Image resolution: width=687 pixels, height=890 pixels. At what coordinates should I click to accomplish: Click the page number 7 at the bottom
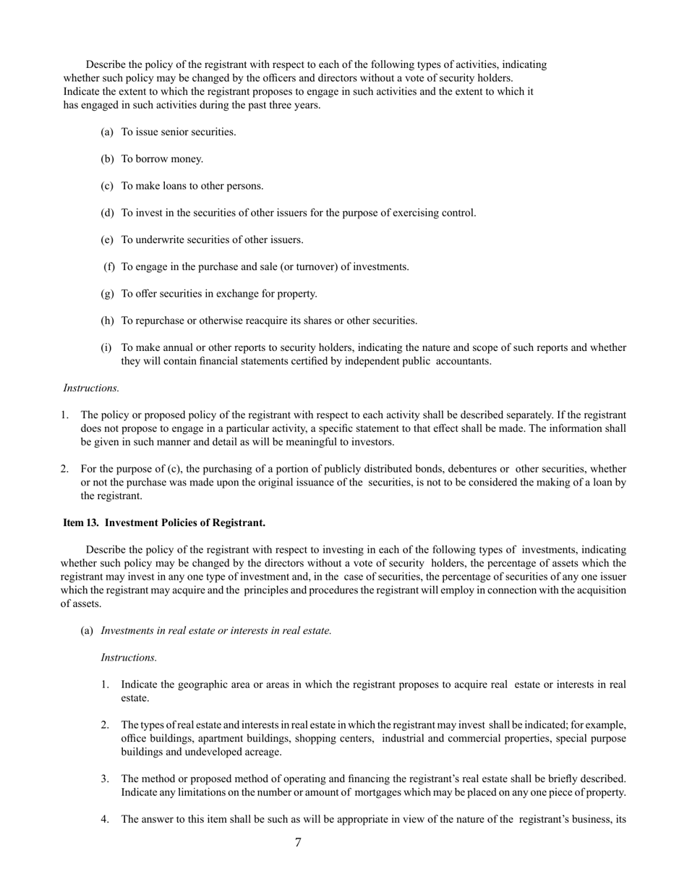click(298, 842)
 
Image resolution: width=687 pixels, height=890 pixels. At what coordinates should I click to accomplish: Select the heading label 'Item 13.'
click(81, 522)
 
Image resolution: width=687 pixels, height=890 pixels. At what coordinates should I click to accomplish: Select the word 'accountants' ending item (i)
click(463, 361)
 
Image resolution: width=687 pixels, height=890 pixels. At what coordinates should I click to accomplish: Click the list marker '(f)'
click(109, 266)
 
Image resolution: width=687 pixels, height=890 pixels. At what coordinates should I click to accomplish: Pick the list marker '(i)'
click(106, 347)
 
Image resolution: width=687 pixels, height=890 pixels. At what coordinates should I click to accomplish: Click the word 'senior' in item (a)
click(171, 132)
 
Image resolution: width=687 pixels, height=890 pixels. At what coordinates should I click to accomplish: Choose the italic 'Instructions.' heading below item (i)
click(91, 388)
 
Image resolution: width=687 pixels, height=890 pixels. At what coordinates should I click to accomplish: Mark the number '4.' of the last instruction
click(105, 819)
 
